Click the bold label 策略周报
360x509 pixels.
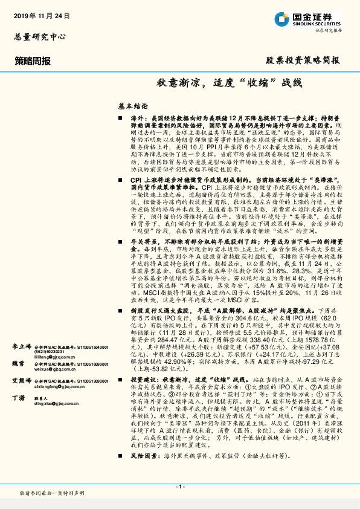33,60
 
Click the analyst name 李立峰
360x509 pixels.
21,347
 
